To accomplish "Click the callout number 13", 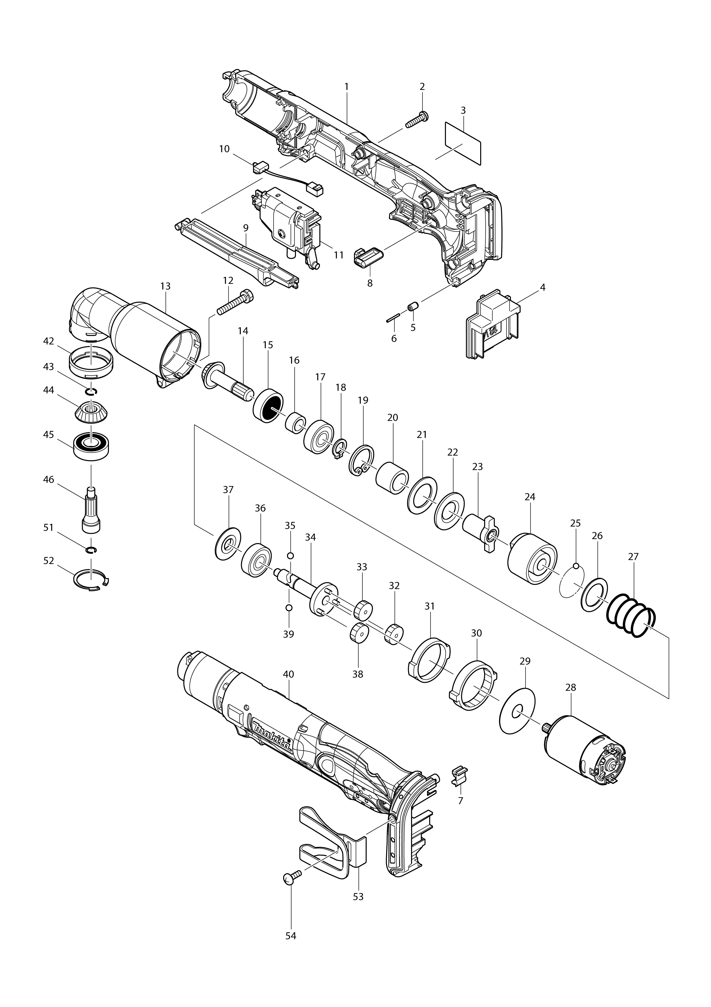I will pos(165,286).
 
